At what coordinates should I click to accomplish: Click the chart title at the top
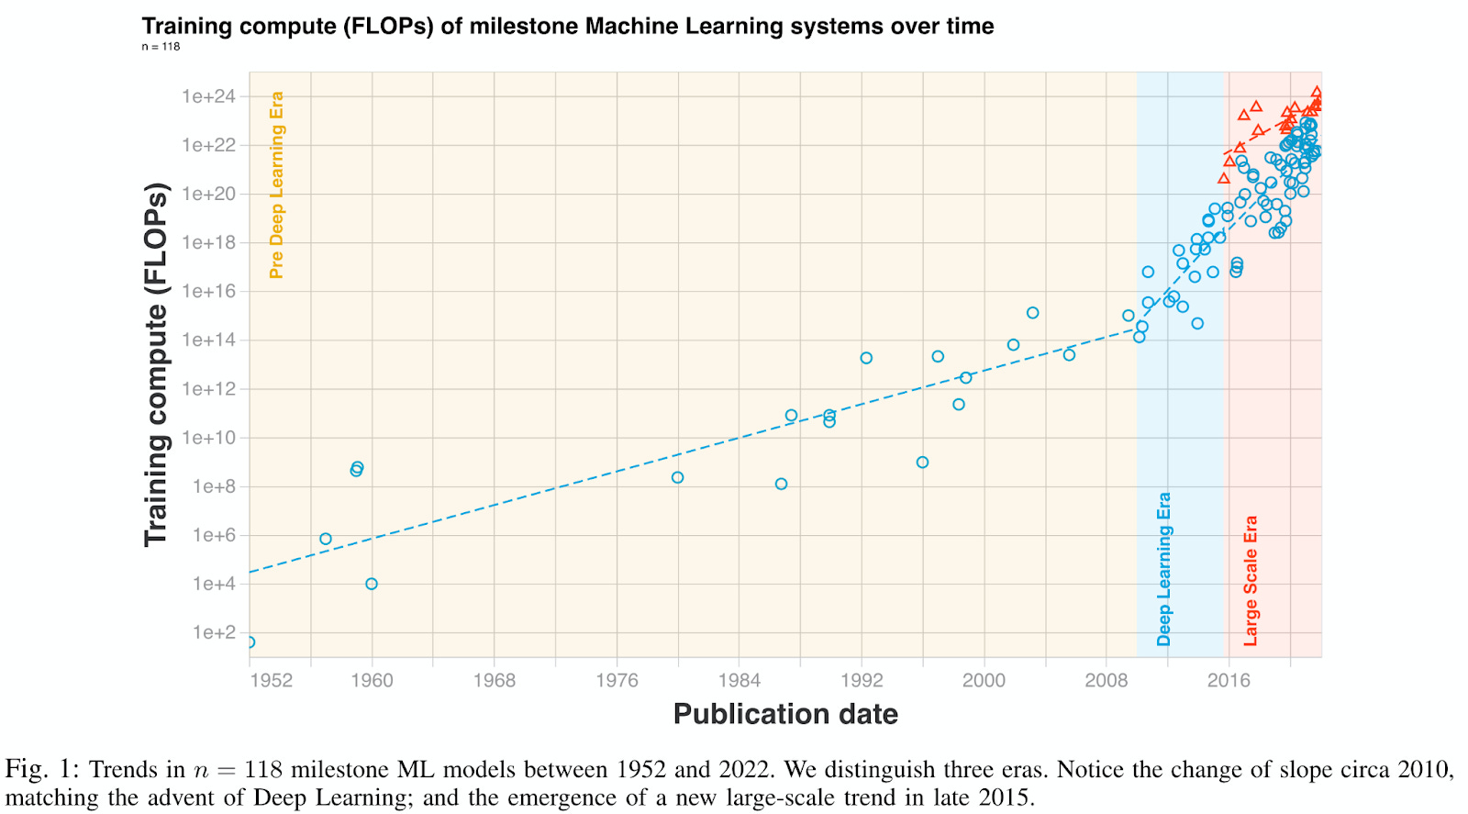567,26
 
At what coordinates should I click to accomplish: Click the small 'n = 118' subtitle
161,47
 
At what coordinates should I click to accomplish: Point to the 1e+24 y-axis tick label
208,96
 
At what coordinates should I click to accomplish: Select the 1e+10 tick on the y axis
208,438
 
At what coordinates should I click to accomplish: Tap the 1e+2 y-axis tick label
213,632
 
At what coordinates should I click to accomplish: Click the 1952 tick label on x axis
271,680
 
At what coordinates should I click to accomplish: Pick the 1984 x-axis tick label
739,680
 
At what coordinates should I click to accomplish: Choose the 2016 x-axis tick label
1229,680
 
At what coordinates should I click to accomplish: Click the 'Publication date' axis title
785,714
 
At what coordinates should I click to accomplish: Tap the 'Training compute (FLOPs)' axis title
157,364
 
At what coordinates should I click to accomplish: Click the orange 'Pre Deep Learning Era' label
276,184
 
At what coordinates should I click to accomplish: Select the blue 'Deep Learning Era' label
1163,569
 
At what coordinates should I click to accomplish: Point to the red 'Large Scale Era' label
1250,581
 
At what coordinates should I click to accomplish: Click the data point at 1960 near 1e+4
372,584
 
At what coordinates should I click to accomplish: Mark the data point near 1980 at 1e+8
677,477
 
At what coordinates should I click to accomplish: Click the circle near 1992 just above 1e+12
866,358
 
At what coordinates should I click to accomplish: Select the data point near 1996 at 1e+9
922,463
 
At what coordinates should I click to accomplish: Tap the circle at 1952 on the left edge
250,642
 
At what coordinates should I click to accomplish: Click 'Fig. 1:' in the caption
42,769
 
